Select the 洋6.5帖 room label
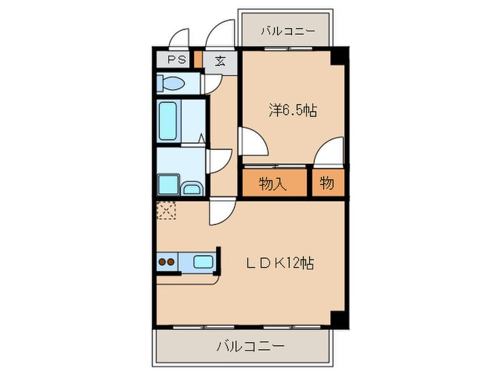293,110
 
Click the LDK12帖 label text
278,263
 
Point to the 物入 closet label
273,183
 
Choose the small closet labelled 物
327,183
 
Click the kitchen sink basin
203,262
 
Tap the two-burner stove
166,262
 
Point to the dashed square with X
166,210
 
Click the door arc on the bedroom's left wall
252,142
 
